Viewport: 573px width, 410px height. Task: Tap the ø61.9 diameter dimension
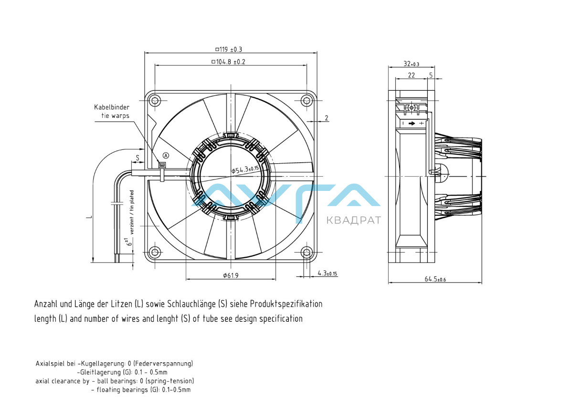click(231, 275)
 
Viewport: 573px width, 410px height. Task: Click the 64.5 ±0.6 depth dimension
click(435, 279)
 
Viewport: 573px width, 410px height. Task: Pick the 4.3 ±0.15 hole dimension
click(327, 273)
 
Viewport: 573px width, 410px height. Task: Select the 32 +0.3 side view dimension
click(411, 63)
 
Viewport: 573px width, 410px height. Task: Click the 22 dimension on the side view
click(411, 75)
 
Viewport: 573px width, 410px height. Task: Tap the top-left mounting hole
click(154, 100)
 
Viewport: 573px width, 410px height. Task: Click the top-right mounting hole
click(307, 100)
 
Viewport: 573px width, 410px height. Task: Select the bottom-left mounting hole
click(154, 252)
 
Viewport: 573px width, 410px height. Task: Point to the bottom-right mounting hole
click(307, 252)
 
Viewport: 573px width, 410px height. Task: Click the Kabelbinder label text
click(111, 107)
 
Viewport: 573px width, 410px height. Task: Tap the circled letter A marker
click(166, 155)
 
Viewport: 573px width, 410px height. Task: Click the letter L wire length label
click(88, 217)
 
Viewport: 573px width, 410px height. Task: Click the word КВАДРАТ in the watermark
click(353, 220)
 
